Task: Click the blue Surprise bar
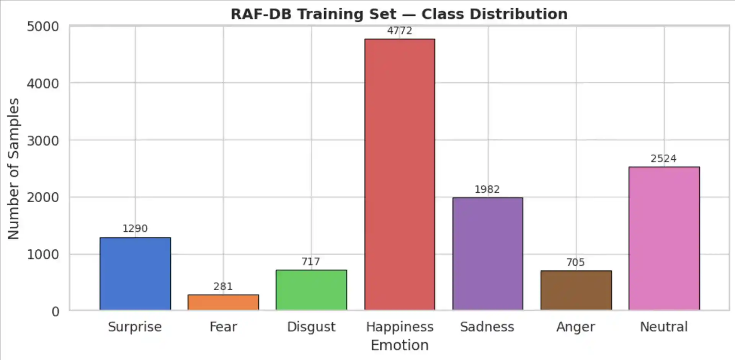click(x=135, y=273)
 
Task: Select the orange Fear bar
click(x=223, y=302)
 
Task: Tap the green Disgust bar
click(x=311, y=290)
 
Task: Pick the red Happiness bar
click(x=400, y=174)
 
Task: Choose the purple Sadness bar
click(x=488, y=254)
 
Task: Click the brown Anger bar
click(x=576, y=290)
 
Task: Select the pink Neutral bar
click(x=664, y=238)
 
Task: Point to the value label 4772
click(x=400, y=31)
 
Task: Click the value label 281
click(x=223, y=286)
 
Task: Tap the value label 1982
click(x=487, y=190)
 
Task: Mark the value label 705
click(x=576, y=262)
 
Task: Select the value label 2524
click(x=663, y=159)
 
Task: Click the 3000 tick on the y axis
click(x=43, y=141)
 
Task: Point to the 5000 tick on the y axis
click(x=43, y=26)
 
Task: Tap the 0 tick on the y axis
click(x=56, y=311)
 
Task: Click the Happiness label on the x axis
click(x=400, y=327)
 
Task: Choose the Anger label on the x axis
click(x=576, y=327)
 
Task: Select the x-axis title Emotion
click(x=400, y=345)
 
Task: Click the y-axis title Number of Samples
click(x=13, y=169)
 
